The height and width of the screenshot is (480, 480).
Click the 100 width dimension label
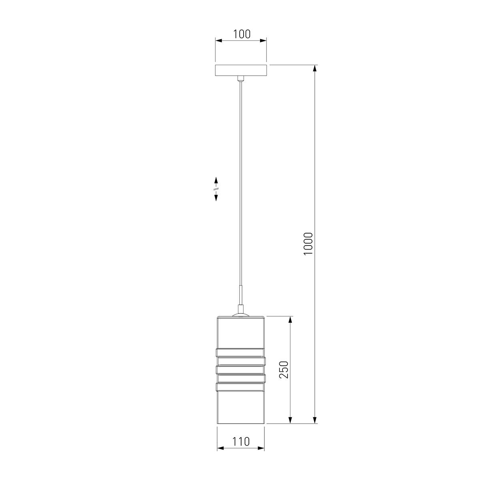(241, 34)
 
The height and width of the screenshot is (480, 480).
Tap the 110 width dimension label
(241, 442)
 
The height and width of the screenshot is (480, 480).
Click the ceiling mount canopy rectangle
(241, 70)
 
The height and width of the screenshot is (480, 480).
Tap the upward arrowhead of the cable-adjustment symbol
(216, 180)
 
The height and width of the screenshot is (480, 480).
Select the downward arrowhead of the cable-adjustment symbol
(216, 198)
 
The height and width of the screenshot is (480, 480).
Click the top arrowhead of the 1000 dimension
(315, 69)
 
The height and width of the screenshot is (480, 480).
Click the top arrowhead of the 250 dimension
(290, 320)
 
